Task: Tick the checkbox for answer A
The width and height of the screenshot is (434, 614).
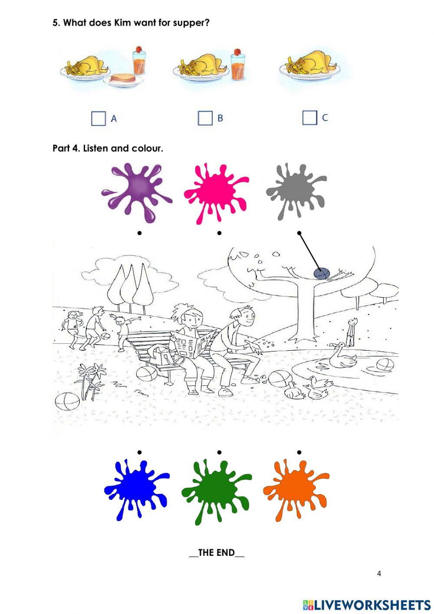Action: tap(99, 118)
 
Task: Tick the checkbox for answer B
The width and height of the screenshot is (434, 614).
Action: tap(205, 118)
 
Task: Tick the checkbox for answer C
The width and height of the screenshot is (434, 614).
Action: tap(309, 117)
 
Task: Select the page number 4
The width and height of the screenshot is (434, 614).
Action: tap(379, 574)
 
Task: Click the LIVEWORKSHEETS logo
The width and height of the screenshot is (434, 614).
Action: tap(367, 604)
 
